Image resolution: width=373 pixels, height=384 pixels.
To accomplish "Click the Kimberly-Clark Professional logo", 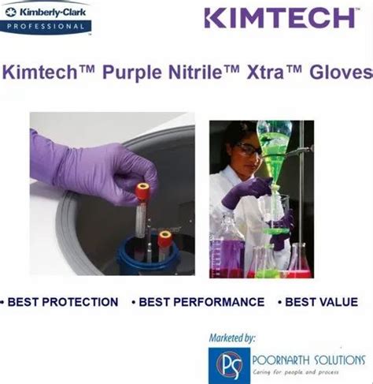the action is pos(46,18).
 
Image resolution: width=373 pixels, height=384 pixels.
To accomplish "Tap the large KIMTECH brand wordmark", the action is pos(280,18).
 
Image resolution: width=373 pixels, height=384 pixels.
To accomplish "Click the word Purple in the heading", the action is pos(132,73).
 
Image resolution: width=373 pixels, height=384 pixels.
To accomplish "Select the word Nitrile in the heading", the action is pos(195,72).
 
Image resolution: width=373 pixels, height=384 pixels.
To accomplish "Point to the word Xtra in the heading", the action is pos(265,72).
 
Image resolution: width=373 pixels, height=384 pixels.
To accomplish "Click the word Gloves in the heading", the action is pos(341,72).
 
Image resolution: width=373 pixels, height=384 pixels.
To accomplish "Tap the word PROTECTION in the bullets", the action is pos(80,302).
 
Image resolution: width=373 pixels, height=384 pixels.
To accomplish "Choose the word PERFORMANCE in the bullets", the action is pos(219,302).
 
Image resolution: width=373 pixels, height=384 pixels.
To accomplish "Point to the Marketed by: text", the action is pos(232,337).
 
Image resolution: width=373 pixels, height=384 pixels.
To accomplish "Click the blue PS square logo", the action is pos(229,365).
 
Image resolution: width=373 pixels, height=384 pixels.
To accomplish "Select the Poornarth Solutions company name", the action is pos(308,360).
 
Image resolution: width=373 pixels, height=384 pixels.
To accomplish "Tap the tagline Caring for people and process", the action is pos(296,372).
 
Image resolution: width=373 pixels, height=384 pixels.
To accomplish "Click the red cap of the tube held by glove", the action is pos(142,191).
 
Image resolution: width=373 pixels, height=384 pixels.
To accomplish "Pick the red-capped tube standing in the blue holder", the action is pos(164,246).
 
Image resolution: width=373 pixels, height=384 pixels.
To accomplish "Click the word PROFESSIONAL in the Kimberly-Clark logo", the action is pos(46,26).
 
